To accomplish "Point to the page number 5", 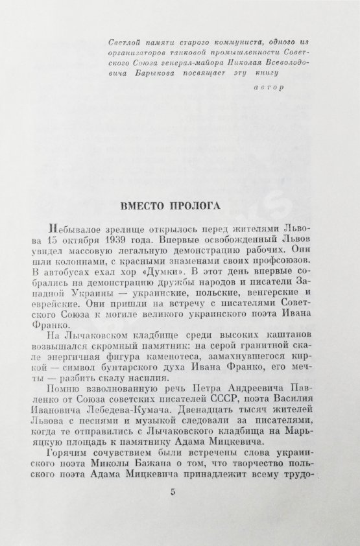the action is click(173, 510).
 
